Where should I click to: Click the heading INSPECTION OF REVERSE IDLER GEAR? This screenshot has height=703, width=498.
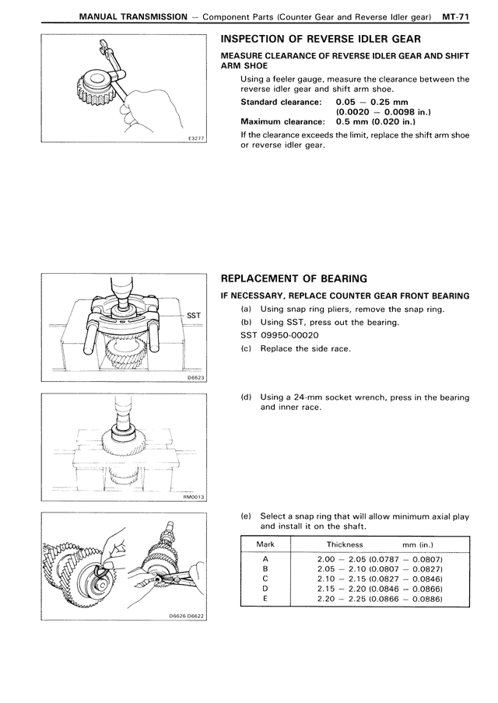coord(322,40)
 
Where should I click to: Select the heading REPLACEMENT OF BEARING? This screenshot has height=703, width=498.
coord(293,278)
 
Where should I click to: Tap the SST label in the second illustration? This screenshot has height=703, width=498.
coord(194,315)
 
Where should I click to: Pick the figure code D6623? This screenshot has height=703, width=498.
coord(195,377)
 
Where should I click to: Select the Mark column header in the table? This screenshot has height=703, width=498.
coord(266,544)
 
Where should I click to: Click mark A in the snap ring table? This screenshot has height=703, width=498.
coord(266,558)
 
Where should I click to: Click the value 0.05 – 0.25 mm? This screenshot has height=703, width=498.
coord(371,102)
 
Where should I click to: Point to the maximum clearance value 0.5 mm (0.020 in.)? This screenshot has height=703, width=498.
coord(376,121)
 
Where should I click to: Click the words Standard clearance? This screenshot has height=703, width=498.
coord(281,102)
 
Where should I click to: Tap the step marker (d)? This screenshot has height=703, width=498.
coord(246,397)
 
